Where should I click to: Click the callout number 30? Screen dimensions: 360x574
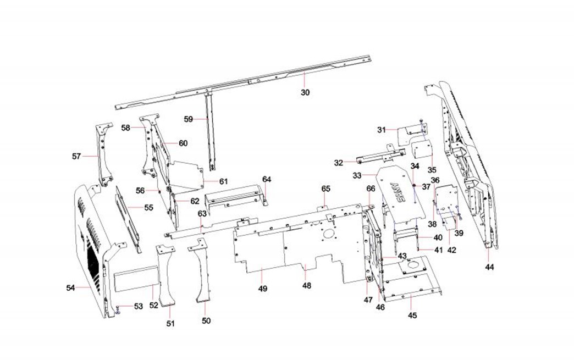[305, 92]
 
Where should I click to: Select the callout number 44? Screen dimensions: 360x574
[490, 267]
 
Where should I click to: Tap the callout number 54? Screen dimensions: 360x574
[70, 287]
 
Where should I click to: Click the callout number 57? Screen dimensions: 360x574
[76, 156]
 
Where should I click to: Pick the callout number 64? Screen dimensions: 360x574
[267, 179]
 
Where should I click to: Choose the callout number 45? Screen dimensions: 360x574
[412, 315]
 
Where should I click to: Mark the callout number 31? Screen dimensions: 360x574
[382, 130]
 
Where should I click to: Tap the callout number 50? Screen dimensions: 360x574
[206, 320]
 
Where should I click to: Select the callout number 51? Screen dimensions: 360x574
[170, 324]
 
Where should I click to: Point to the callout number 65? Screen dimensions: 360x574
[325, 189]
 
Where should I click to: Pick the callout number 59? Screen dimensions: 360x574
[189, 119]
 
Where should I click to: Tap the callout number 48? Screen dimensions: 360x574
[306, 285]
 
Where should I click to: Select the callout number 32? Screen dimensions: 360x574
[339, 162]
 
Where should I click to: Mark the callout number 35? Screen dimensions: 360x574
[432, 169]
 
